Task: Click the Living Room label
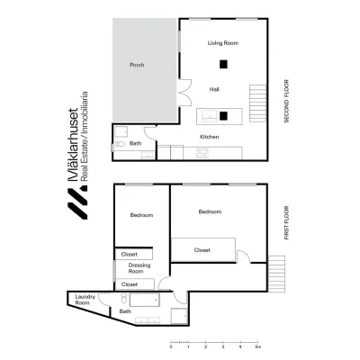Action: (223, 43)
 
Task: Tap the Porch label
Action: (137, 65)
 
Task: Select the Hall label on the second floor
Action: (214, 89)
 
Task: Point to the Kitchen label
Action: (210, 137)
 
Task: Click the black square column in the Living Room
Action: (223, 64)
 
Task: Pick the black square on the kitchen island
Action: (223, 116)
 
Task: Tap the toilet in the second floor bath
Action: (120, 144)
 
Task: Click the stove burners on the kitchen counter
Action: (202, 153)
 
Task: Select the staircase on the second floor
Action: (257, 103)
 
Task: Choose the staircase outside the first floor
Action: (276, 274)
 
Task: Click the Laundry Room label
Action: (85, 300)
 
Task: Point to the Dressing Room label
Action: (139, 268)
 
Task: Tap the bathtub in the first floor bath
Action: (144, 300)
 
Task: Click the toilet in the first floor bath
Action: (124, 299)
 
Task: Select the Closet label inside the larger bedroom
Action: (202, 250)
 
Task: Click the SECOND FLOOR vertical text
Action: (286, 101)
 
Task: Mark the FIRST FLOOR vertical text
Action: (286, 222)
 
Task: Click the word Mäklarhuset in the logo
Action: (74, 145)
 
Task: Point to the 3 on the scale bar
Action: (223, 346)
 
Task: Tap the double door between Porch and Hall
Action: (184, 93)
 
